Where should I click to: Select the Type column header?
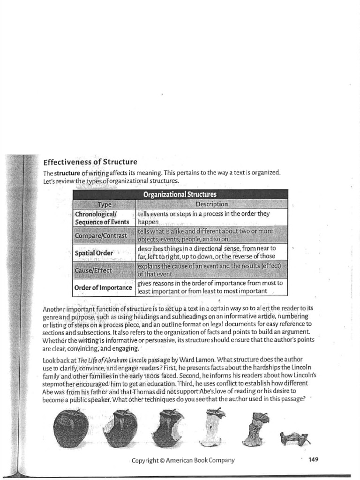point(105,204)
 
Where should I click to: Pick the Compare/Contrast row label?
point(101,235)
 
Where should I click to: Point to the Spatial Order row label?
point(94,253)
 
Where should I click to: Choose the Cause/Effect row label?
point(94,270)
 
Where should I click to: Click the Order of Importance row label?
point(103,287)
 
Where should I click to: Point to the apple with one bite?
point(120,428)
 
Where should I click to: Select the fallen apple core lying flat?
point(295,438)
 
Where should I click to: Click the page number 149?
point(314,459)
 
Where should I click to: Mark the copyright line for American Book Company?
point(183,460)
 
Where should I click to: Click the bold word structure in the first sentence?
point(69,173)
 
